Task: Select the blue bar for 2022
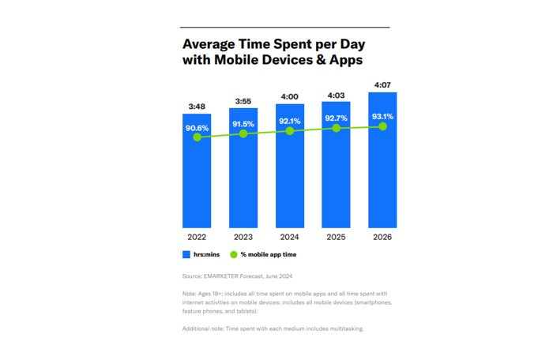197,182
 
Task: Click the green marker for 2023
243,134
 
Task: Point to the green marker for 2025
337,128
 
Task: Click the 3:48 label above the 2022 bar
197,107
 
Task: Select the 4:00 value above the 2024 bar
290,96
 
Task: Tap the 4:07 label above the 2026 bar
383,85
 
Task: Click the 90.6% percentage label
197,127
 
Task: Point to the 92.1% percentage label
290,121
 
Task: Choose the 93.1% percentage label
383,116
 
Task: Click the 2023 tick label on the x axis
243,237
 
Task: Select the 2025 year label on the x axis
337,237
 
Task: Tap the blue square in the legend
186,254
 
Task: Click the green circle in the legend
234,254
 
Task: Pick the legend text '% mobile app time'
269,254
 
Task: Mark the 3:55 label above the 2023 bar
243,102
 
